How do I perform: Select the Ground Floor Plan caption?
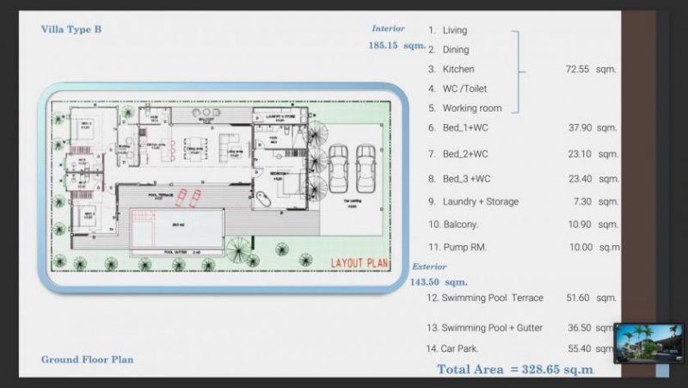pos(87,360)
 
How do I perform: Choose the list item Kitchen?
pos(458,69)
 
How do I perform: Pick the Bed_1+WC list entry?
pos(464,127)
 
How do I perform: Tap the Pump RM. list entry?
pos(465,247)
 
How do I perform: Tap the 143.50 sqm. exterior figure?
pos(439,281)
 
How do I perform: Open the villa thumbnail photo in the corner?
pos(649,343)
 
